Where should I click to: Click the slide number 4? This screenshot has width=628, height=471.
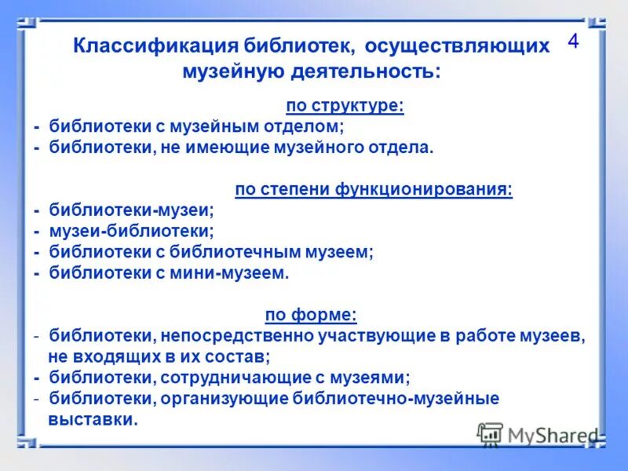573,42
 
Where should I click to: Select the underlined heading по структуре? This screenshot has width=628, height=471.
345,106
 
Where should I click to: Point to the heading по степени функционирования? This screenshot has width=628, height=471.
374,189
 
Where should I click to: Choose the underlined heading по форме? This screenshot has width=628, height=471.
311,316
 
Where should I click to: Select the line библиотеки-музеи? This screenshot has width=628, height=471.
131,210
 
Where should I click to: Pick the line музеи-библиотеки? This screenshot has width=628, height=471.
131,231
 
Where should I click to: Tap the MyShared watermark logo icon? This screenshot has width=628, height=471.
491,434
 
